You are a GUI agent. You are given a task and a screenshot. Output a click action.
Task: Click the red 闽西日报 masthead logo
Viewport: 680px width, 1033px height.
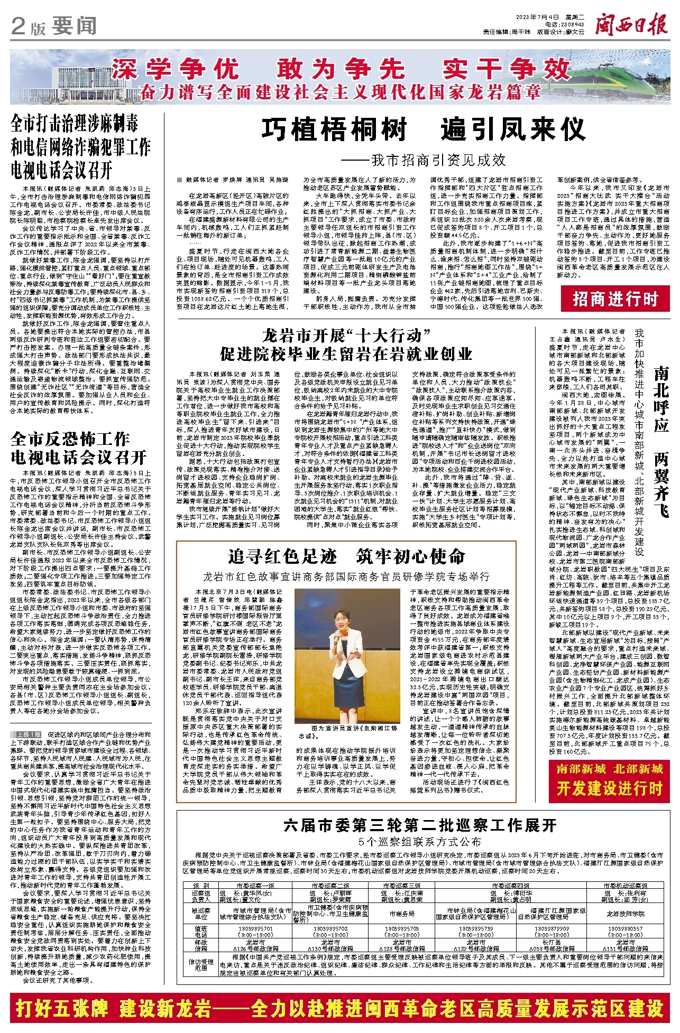(631, 24)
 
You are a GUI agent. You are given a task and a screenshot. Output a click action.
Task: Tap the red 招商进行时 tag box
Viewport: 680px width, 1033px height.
(615, 300)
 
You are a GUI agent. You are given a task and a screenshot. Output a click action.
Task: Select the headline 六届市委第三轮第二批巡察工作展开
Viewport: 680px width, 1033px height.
(420, 825)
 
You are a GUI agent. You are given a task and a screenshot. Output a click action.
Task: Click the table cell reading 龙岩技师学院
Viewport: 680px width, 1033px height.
(626, 913)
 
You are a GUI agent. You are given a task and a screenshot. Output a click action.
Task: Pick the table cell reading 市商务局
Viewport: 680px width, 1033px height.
(402, 913)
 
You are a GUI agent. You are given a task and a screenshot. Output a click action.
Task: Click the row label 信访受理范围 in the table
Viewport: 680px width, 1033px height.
(201, 965)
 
